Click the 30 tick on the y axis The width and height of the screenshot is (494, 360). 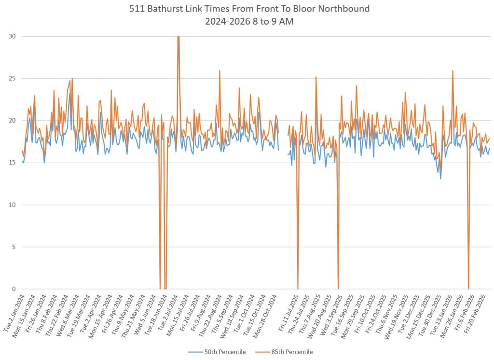click(13, 36)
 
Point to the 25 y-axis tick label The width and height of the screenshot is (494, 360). click(13, 78)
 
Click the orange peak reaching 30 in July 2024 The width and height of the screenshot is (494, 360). click(178, 37)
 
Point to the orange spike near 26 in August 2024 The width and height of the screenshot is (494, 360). click(220, 70)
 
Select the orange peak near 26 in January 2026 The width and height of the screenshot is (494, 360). click(453, 71)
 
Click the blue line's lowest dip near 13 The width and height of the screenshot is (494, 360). click(440, 179)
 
